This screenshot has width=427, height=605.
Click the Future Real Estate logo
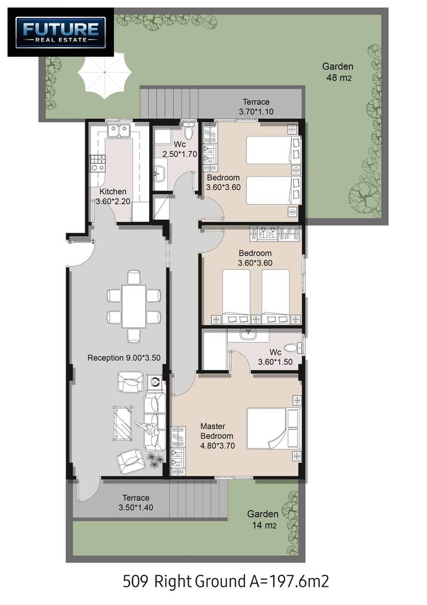tap(60, 33)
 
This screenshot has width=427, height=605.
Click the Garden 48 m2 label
tap(338, 72)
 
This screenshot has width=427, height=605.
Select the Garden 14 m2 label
tap(263, 519)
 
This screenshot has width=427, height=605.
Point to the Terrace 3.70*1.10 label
tap(256, 107)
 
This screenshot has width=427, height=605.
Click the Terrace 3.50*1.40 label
tap(136, 503)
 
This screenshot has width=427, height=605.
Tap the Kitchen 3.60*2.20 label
tap(113, 196)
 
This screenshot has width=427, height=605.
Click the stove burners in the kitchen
tap(97, 163)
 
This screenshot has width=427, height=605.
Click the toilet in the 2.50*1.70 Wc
tap(189, 131)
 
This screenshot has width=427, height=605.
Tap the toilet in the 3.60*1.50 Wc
tap(296, 348)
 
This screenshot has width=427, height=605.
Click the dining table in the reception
tap(134, 306)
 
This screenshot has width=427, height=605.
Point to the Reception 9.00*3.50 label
tap(123, 358)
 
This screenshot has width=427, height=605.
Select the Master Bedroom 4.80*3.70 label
tap(217, 436)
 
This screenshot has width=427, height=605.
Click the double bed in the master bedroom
tap(273, 428)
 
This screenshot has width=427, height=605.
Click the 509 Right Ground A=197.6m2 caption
tap(226, 581)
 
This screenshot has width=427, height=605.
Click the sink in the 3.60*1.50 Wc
tap(248, 334)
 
